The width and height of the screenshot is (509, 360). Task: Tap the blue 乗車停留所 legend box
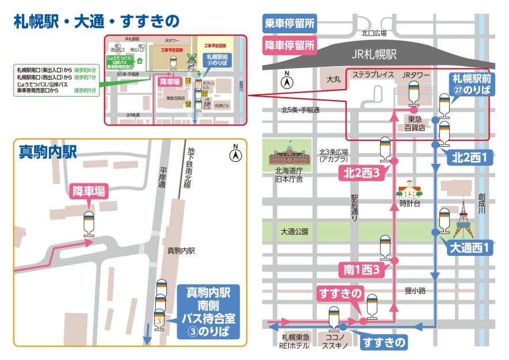(289, 24)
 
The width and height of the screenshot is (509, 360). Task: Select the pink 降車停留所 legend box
(289, 45)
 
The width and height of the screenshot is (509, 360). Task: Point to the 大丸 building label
(334, 79)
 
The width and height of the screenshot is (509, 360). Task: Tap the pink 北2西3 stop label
(361, 173)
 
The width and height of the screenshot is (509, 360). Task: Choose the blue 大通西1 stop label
(469, 249)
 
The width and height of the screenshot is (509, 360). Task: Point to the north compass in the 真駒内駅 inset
(235, 154)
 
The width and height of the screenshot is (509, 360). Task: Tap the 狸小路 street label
(414, 291)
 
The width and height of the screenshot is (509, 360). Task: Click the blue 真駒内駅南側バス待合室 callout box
(208, 313)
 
